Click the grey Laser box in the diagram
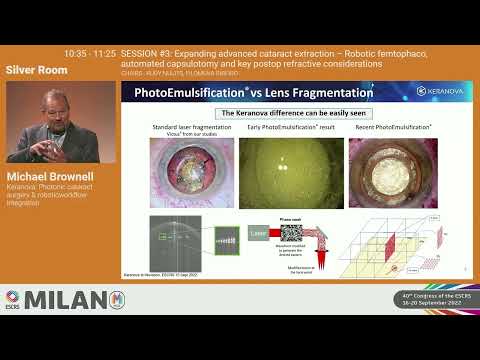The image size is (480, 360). (257, 233)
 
